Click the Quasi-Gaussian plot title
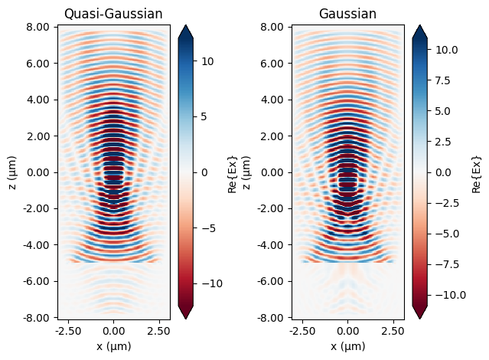(113, 14)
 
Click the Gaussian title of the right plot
(347, 14)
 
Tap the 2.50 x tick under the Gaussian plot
(393, 330)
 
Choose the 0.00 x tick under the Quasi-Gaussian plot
(114, 330)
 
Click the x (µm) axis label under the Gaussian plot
(348, 346)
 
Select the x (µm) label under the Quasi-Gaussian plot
(113, 346)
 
